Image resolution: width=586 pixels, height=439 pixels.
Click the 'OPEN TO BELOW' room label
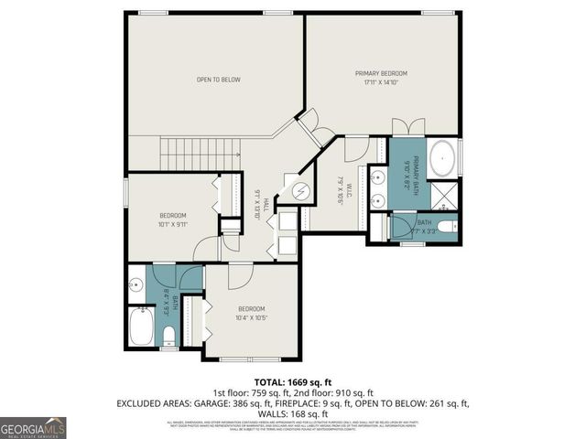218,80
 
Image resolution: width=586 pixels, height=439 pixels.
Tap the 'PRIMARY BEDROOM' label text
381,73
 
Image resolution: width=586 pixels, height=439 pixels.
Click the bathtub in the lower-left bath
141,327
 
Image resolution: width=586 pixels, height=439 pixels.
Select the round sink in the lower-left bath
136,284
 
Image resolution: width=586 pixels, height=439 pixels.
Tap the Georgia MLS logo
33,427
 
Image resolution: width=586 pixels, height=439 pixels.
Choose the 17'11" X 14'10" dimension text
381,81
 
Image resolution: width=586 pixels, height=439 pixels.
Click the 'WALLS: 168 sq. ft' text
293,412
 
